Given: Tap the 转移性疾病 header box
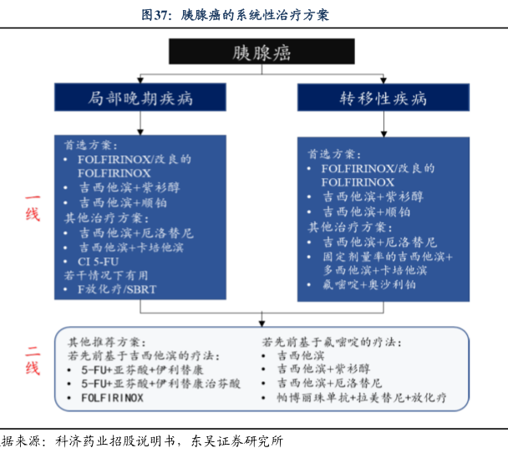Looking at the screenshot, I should point(384,99).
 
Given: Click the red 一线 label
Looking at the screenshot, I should point(32,206).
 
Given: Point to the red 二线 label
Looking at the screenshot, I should point(32,361).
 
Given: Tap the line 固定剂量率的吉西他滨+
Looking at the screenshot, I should point(388,257).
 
